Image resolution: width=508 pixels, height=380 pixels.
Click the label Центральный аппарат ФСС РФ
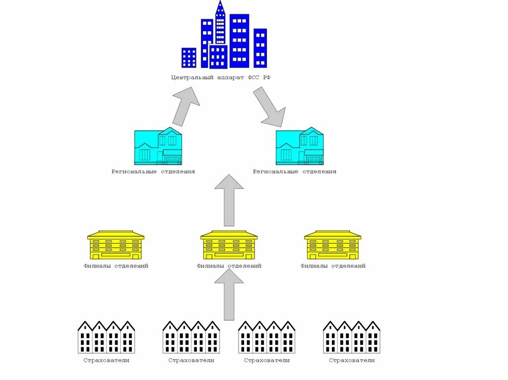click(220, 78)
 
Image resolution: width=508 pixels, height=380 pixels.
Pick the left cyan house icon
click(158, 147)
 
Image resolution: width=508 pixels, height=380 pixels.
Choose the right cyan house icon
click(299, 147)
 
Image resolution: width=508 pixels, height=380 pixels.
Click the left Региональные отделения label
click(153, 171)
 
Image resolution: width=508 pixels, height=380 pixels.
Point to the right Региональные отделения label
click(294, 171)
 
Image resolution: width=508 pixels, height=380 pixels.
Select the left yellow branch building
click(116, 245)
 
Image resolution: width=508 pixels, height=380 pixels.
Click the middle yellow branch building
click(229, 245)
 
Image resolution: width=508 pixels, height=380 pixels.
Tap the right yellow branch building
click(332, 245)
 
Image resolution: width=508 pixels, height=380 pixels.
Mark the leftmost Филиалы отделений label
click(116, 266)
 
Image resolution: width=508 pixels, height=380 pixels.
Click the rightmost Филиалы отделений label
click(332, 266)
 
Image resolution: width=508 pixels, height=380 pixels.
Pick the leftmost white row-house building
click(106, 337)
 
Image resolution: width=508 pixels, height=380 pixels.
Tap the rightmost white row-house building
click(352, 337)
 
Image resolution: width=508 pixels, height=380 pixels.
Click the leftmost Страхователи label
click(106, 360)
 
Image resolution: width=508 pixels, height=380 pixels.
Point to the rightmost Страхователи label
click(352, 360)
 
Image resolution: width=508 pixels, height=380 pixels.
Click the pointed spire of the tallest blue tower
click(220, 6)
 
